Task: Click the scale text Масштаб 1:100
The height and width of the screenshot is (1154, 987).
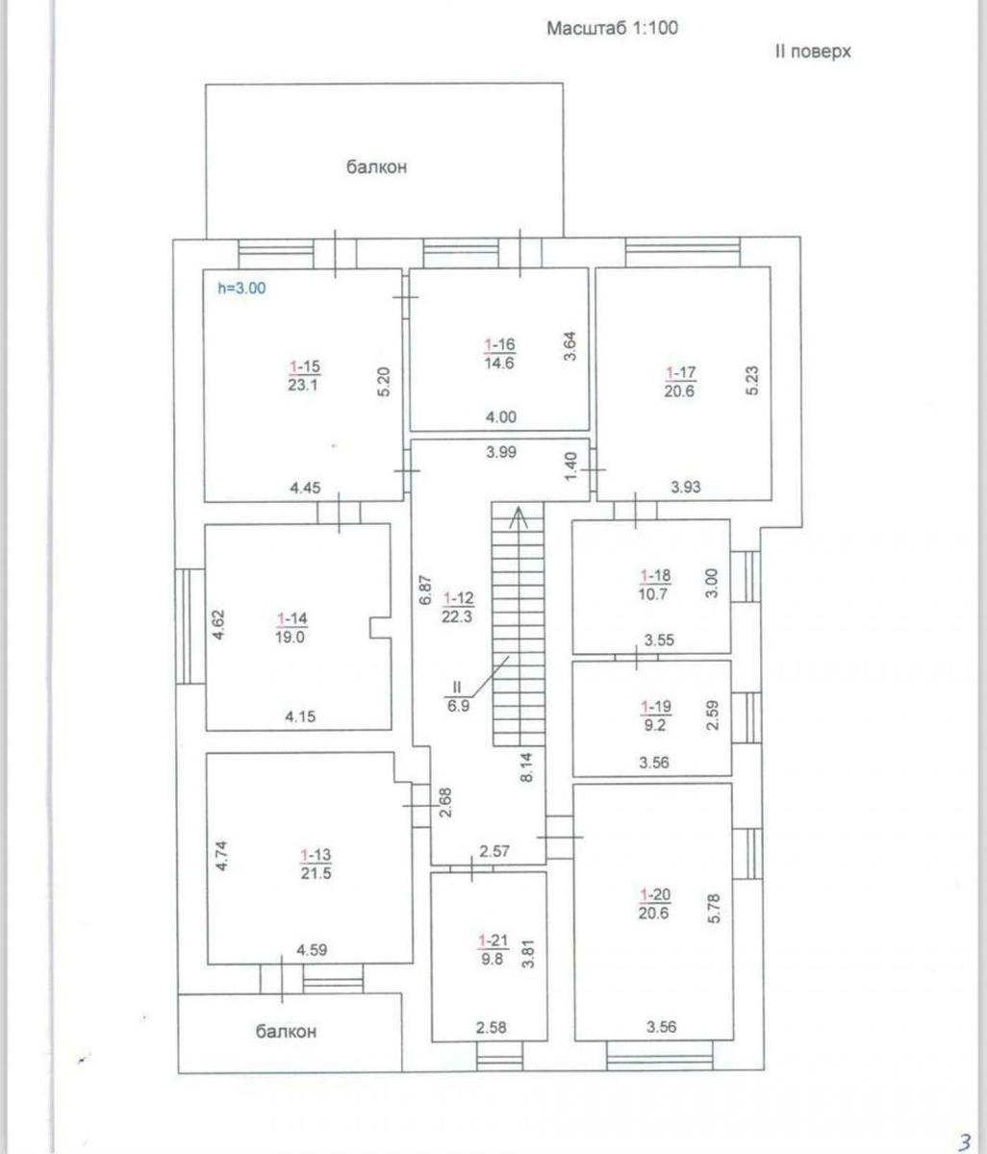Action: [x=612, y=28]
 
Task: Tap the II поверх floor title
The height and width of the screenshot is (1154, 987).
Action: [x=813, y=52]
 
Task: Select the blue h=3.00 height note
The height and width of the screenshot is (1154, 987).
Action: [x=241, y=288]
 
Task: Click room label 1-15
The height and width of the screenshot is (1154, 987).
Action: [x=304, y=366]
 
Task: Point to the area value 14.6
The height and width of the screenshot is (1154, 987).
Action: [x=499, y=363]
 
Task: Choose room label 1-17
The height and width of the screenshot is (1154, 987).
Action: [x=680, y=372]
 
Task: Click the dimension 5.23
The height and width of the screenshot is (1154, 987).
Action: [x=752, y=381]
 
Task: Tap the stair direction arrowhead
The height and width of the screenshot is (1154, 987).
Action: [x=519, y=515]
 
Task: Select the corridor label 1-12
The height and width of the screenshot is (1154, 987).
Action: [x=458, y=598]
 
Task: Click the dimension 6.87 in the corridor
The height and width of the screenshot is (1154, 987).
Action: [x=425, y=590]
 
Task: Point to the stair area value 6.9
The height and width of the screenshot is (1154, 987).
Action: [x=458, y=706]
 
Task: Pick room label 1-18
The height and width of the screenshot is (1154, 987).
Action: [x=655, y=575]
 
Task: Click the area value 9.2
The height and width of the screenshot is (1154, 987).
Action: [x=655, y=725]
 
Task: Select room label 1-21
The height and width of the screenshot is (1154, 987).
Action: [x=493, y=941]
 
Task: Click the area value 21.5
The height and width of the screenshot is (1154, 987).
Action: [x=316, y=872]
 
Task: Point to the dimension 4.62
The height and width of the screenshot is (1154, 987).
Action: [x=218, y=625]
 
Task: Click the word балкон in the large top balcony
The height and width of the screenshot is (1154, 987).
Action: [x=376, y=167]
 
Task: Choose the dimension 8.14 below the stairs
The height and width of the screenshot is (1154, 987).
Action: [x=526, y=767]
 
